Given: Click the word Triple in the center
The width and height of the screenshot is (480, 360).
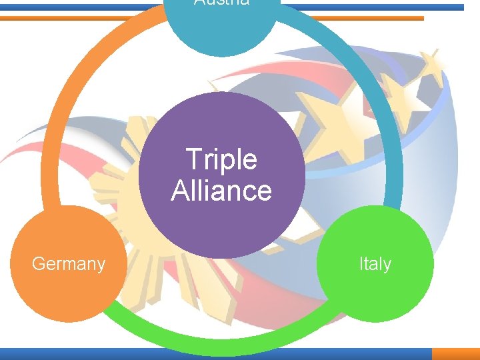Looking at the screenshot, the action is click(x=221, y=160).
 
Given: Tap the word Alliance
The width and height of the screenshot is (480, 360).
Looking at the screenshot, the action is click(x=221, y=191).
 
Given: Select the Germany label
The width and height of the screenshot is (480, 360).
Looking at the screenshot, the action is click(x=69, y=264).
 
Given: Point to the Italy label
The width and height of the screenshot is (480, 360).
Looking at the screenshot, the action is click(x=375, y=264).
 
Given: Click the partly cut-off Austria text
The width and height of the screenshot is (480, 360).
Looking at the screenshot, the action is click(x=222, y=3).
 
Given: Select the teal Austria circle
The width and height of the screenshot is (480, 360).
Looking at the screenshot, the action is click(x=221, y=30).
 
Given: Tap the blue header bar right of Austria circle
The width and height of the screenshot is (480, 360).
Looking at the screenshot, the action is click(x=373, y=7).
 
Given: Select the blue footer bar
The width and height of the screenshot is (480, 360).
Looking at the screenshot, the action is click(x=213, y=354).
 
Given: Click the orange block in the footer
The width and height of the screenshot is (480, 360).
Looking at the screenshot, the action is click(x=456, y=354).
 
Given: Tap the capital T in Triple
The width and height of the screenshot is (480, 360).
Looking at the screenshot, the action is click(x=192, y=160).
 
